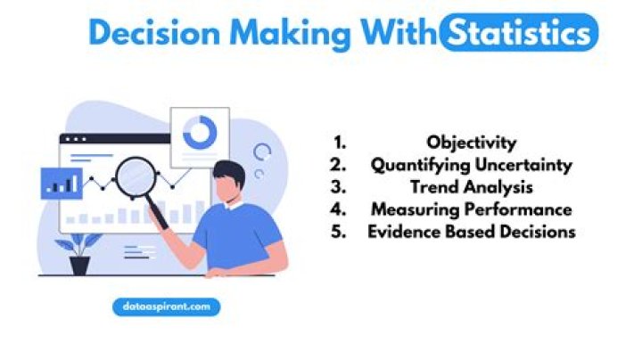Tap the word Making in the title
(x=279, y=34)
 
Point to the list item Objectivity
(x=471, y=143)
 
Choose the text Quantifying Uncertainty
(x=471, y=165)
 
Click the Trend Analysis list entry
(x=471, y=187)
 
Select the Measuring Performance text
(x=471, y=209)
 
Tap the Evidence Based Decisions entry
(x=471, y=232)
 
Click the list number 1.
(x=339, y=143)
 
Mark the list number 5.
(x=339, y=232)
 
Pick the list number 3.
(x=339, y=187)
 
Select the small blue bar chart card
(x=62, y=184)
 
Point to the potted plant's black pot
(x=80, y=265)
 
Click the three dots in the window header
(x=74, y=140)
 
